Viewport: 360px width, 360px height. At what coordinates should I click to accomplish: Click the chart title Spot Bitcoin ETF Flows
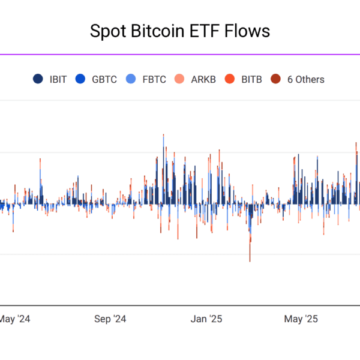(x=179, y=31)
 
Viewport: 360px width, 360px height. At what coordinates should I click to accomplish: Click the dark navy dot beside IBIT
(x=38, y=79)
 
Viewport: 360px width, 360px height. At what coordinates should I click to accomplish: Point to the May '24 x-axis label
(x=14, y=319)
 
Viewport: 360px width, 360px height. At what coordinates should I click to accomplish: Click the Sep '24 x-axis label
(x=111, y=319)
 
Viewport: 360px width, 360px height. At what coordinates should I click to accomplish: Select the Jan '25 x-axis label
(x=206, y=319)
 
